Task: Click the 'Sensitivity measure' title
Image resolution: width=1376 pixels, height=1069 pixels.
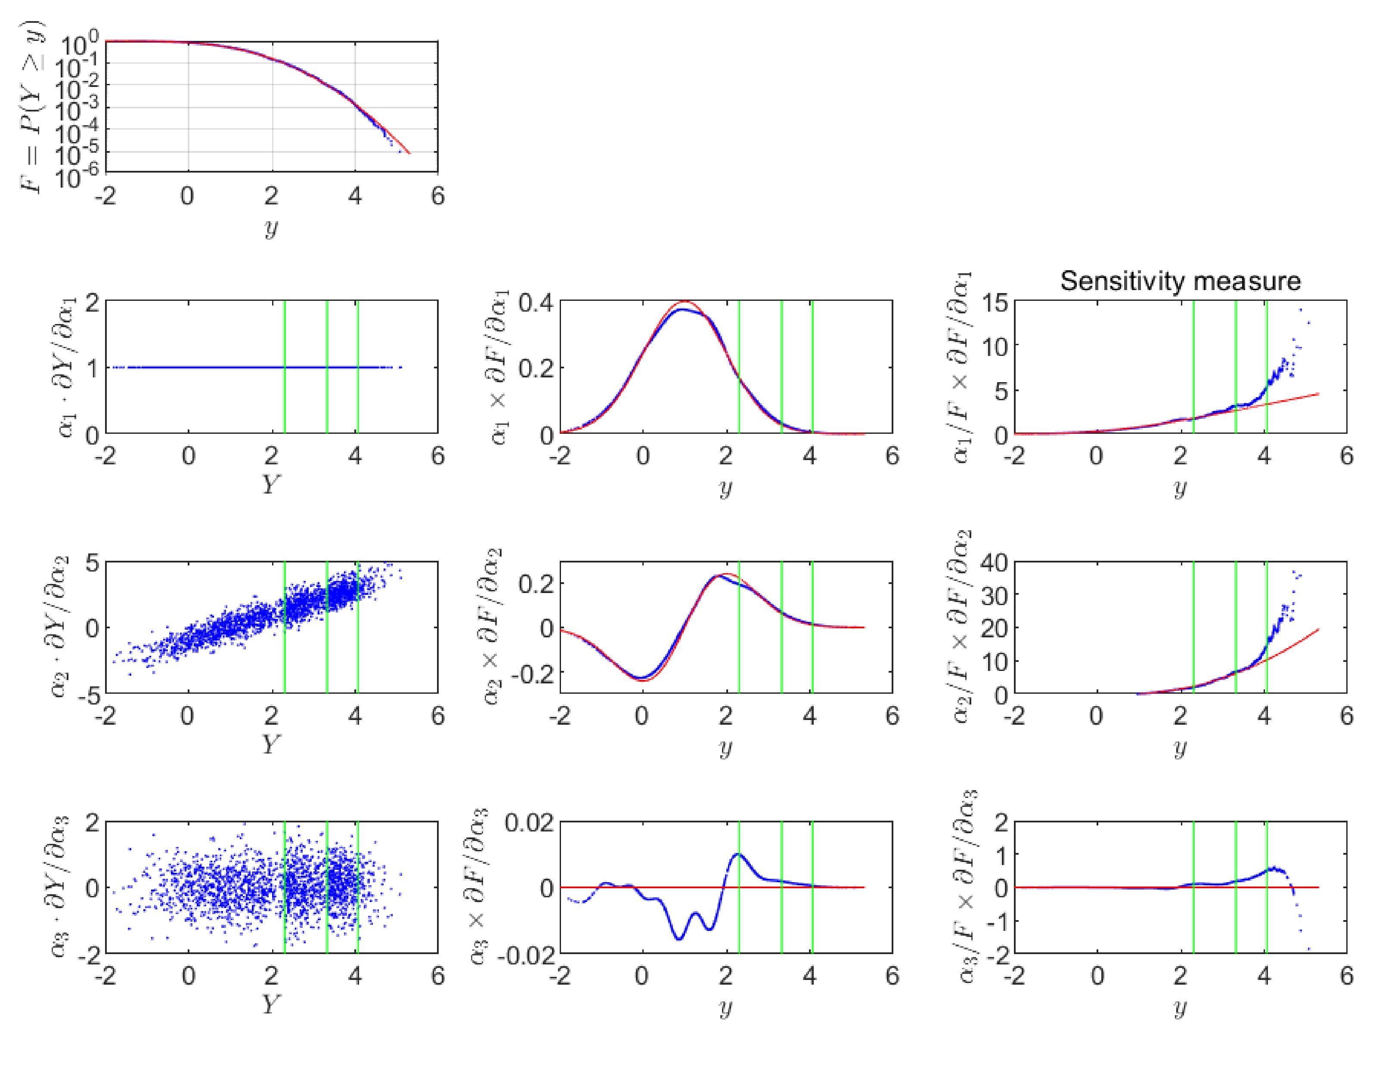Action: pos(1180,281)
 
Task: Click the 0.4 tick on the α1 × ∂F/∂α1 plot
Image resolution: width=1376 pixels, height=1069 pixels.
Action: pos(536,303)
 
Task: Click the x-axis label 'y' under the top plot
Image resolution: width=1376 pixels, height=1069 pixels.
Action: pos(271,228)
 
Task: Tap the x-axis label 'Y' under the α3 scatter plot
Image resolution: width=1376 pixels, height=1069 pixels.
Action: pos(271,1004)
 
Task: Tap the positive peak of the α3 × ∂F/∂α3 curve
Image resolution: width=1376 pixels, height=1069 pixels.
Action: pos(738,855)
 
